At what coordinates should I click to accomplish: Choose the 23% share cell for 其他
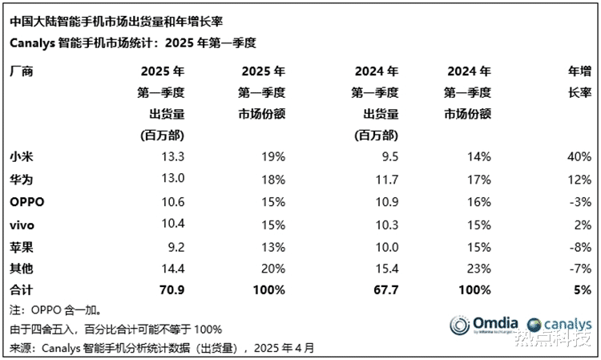pos(478,266)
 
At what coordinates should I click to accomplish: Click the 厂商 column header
pos(22,71)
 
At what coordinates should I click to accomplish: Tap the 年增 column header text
pos(578,71)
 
